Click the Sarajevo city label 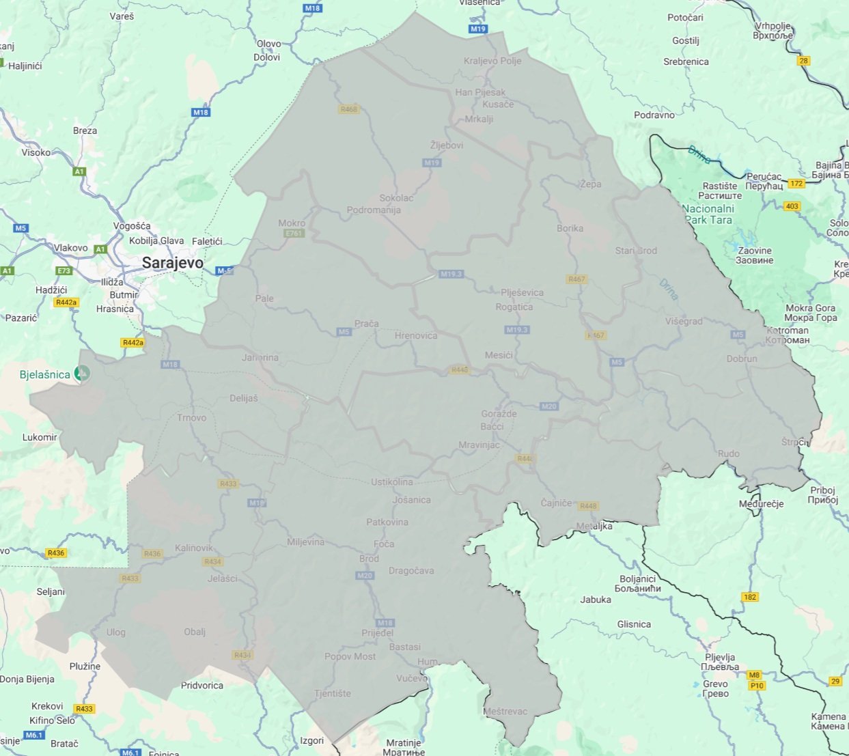coord(172,263)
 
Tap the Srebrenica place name coord(686,61)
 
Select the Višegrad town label coord(684,321)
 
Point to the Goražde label coord(499,414)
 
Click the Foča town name coord(384,544)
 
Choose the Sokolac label coord(396,198)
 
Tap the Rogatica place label coord(514,307)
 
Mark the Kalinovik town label coord(193,548)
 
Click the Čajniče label coord(556,503)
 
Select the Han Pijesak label coord(481,92)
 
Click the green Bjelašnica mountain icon coord(83,374)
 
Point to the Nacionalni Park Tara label coord(708,214)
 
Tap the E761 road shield coord(294,234)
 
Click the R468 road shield coord(348,109)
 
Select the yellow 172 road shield coord(796,184)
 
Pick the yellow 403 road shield coord(792,206)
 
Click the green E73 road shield coord(64,271)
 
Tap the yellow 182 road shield coord(750,597)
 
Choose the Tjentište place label coord(333,693)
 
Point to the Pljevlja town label coord(721,657)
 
